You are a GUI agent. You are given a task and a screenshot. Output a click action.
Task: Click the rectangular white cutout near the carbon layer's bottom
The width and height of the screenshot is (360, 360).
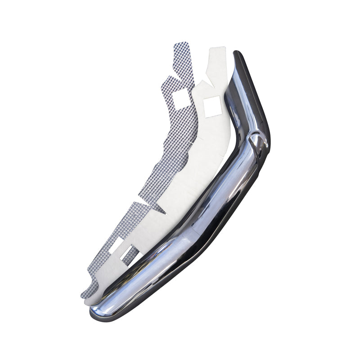116,246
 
